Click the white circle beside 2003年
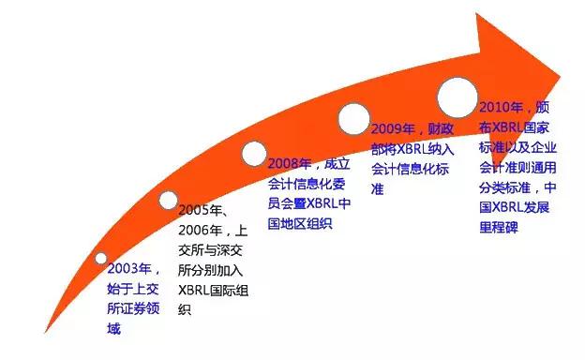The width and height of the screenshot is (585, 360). pos(101,258)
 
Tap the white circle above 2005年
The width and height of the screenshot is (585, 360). pos(168,200)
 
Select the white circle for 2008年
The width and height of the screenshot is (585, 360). pos(255,153)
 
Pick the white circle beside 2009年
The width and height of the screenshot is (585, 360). pos(353,118)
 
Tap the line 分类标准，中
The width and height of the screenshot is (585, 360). pos(517,187)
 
